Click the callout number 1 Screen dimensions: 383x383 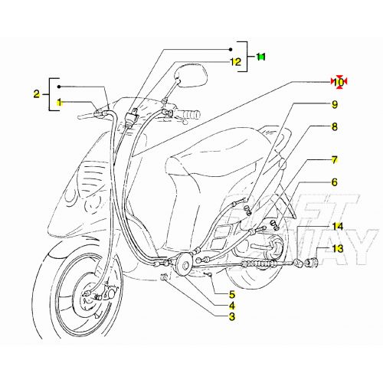click(57, 102)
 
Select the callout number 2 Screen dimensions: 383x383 click(36, 93)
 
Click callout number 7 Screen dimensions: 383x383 click(335, 160)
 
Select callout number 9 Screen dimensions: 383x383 click(335, 104)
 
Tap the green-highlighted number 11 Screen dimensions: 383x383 click(261, 57)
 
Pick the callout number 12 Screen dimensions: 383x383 click(236, 62)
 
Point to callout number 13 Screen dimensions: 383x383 click(338, 249)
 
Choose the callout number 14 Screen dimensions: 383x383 click(338, 227)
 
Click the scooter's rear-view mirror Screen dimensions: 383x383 click(192, 77)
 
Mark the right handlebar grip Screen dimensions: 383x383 click(185, 116)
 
